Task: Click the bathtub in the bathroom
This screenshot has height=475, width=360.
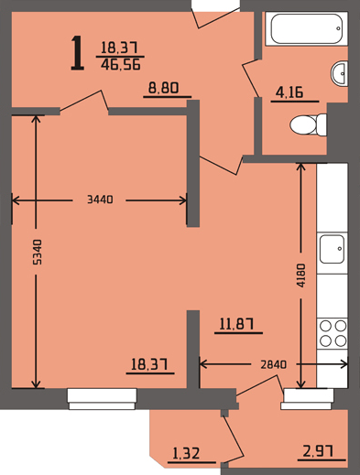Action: coord(306,28)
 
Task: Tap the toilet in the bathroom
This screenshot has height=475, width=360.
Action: coord(308,124)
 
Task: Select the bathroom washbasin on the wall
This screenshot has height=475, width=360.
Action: coord(339,73)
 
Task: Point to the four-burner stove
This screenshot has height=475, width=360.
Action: coord(333,333)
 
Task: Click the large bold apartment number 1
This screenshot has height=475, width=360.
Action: coord(77,53)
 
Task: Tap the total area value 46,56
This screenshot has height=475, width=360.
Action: coord(121,65)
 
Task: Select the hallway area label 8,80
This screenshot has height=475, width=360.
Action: coord(163,88)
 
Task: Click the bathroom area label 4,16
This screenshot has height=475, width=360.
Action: coord(289,92)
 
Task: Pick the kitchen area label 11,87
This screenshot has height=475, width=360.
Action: coord(236,324)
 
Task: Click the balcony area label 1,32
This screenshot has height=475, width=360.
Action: coord(186,453)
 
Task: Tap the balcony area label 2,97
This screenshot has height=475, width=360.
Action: coord(318,451)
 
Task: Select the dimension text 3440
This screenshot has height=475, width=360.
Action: coord(100,200)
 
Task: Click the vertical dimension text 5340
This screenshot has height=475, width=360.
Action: coord(37,252)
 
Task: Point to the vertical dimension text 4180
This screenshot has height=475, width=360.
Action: coord(301,275)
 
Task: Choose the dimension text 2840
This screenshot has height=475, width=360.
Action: coord(274,364)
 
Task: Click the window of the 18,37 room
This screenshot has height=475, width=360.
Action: coord(102,399)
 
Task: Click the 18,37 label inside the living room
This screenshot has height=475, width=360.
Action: coord(149,364)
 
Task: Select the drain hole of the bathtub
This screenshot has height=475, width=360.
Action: coord(338,28)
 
